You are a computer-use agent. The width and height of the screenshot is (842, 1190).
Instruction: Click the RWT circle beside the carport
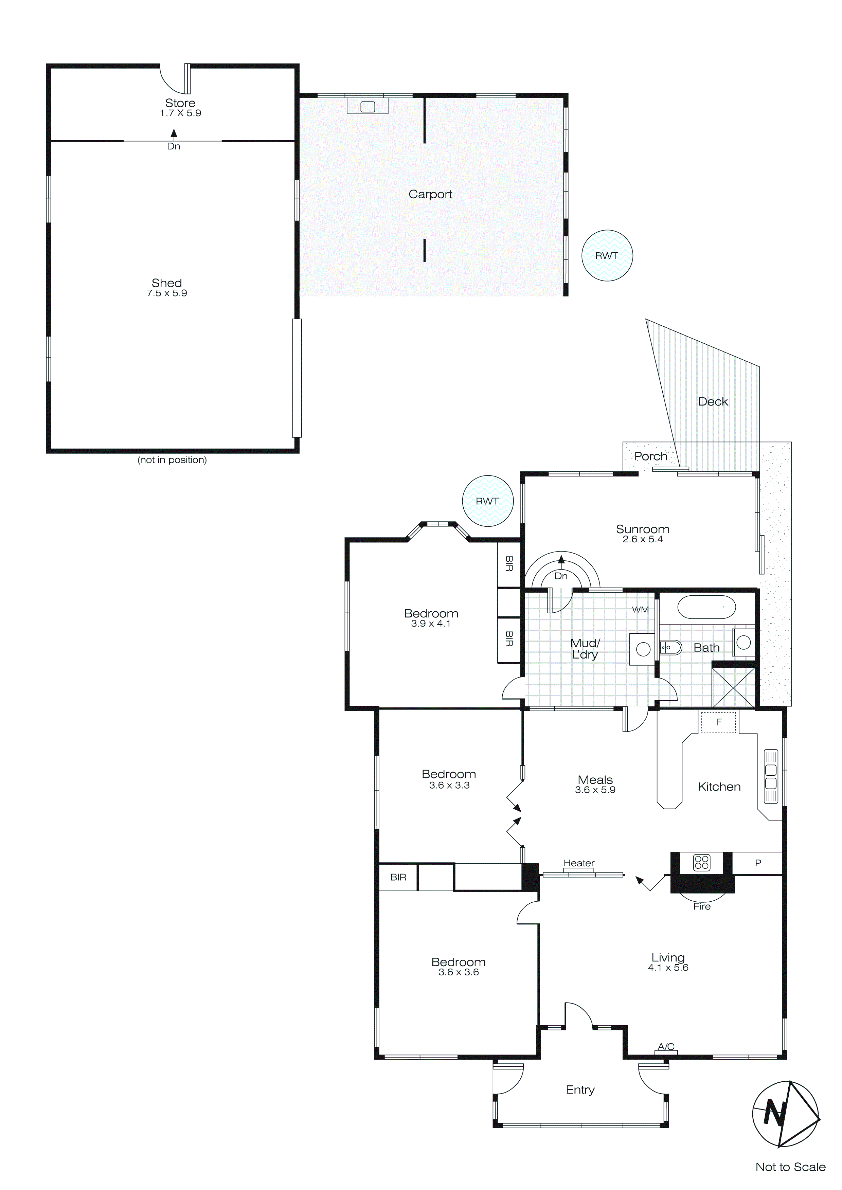pyautogui.click(x=607, y=255)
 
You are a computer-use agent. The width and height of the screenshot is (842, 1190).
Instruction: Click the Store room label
pyautogui.click(x=180, y=103)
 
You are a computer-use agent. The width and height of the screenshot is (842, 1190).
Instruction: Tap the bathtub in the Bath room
pyautogui.click(x=706, y=607)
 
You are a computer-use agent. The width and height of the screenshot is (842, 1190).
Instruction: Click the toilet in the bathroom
pyautogui.click(x=670, y=647)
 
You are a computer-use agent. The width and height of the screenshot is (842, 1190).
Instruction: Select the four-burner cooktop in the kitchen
pyautogui.click(x=701, y=862)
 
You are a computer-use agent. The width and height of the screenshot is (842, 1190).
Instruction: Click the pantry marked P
pyautogui.click(x=757, y=863)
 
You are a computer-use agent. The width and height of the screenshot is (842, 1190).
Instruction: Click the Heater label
pyautogui.click(x=579, y=863)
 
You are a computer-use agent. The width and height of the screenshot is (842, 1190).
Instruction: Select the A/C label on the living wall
pyautogui.click(x=666, y=1046)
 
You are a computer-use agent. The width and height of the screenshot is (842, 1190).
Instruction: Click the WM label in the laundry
pyautogui.click(x=640, y=610)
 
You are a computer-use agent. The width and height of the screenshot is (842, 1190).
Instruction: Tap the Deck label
pyautogui.click(x=713, y=402)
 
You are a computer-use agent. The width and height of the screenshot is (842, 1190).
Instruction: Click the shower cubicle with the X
pyautogui.click(x=733, y=687)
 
